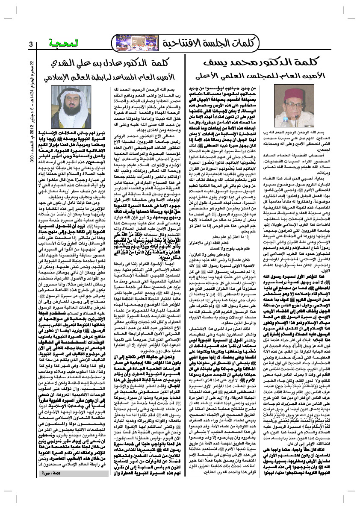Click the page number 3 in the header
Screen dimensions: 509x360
pyautogui.click(x=31, y=44)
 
